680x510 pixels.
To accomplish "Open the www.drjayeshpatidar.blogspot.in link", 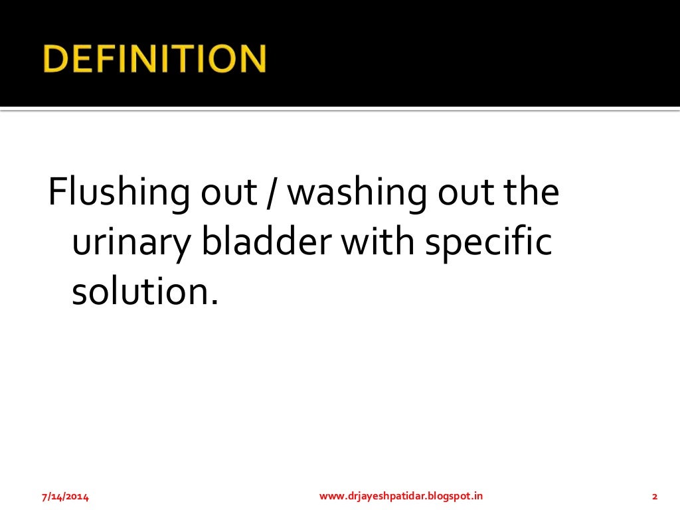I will [x=401, y=496].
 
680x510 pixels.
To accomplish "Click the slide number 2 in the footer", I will [x=655, y=496].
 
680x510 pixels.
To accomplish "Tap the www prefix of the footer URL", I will [x=331, y=496].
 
